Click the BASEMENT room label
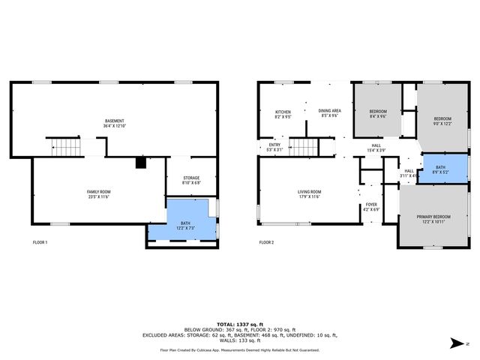coord(114,121)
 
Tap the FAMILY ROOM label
coord(98,193)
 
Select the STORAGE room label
coord(191,178)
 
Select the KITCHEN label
coord(283,112)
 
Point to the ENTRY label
coord(274,145)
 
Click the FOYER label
coord(371,204)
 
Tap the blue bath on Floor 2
coord(445,168)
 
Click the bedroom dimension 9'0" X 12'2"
coord(442,124)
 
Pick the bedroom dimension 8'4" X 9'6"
coord(377,116)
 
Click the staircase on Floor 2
coord(303,147)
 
